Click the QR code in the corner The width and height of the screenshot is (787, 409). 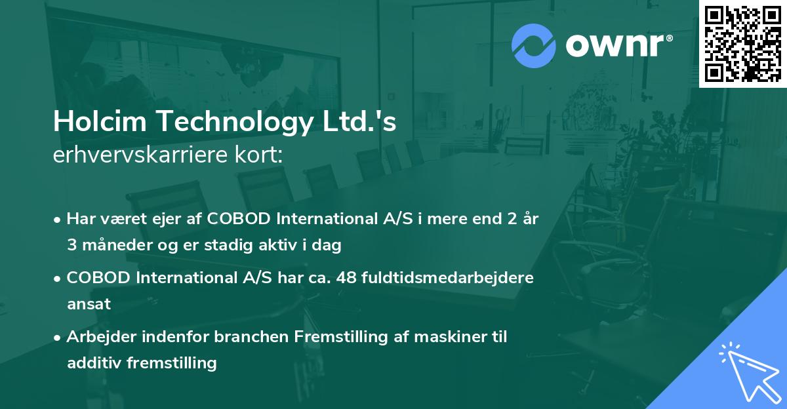coord(742,44)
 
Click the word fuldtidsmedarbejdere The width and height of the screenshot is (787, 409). coord(449,278)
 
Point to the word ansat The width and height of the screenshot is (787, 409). coord(89,304)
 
